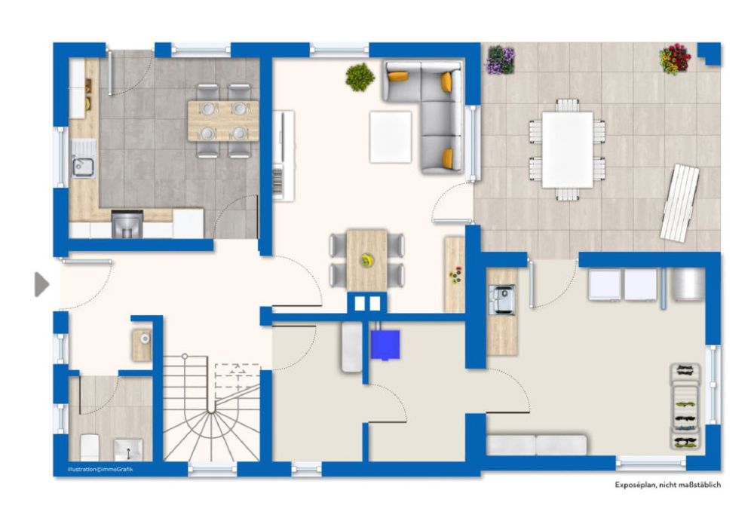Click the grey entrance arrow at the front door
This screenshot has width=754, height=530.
[41, 284]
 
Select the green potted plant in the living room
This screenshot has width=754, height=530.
[360, 76]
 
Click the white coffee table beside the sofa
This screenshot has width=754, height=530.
[391, 137]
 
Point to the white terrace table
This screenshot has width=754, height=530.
[567, 149]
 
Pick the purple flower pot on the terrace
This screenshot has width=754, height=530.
[501, 60]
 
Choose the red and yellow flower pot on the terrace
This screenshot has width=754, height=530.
[675, 59]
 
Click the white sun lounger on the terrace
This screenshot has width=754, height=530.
[679, 202]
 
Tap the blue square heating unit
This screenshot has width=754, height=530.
[385, 345]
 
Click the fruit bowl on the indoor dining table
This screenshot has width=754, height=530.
[366, 260]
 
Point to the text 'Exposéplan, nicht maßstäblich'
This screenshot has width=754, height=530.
[667, 485]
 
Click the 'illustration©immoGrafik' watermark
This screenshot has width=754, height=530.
[100, 469]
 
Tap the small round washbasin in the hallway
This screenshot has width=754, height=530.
[143, 345]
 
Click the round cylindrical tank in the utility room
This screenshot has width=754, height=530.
[688, 285]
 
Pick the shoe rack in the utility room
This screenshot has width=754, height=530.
[685, 406]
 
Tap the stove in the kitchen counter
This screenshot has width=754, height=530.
[127, 224]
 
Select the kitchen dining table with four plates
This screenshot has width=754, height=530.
[222, 121]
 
